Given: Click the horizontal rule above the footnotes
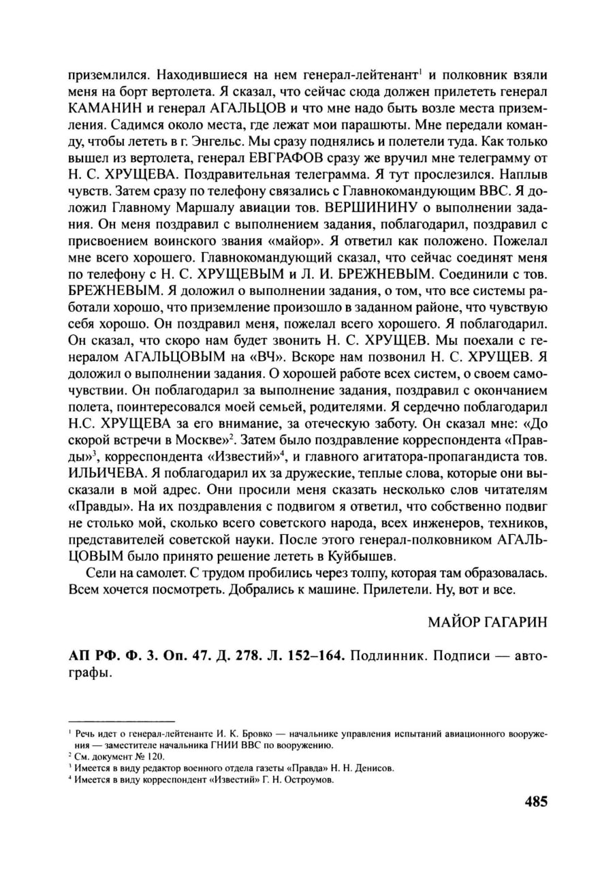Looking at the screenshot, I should click(x=123, y=721).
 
